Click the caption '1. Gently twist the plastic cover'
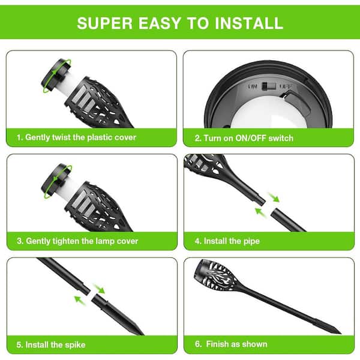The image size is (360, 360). coord(76,137)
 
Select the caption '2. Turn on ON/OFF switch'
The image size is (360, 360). coord(244,138)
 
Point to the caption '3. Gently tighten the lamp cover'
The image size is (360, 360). coord(77,241)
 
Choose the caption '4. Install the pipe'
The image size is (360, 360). coord(227,241)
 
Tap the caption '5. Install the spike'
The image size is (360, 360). coord(51,344)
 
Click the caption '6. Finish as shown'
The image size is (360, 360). coord(231,344)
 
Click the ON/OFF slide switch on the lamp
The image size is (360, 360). coord(269,86)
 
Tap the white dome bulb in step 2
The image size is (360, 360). coord(269,113)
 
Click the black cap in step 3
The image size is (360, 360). coord(56,180)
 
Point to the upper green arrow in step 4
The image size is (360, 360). coord(274,197)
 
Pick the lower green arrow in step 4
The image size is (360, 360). coord(261,212)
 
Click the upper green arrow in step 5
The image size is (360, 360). coord(99,289)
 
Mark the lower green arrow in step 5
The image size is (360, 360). coord(80,301)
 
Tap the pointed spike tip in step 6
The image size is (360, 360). coord(341,333)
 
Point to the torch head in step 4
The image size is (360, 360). coord(205,165)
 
